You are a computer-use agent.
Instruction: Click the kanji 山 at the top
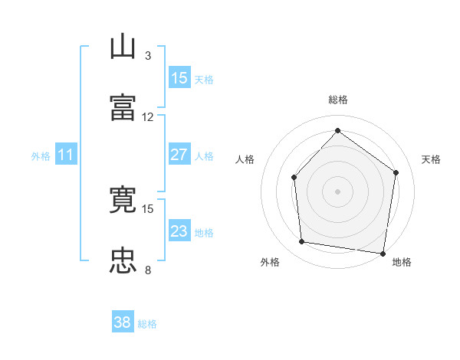[123, 46]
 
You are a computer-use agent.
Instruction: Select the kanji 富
[123, 107]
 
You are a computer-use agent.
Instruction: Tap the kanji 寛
[123, 199]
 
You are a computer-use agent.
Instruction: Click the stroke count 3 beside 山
[148, 56]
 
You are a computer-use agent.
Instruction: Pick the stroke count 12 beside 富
[147, 117]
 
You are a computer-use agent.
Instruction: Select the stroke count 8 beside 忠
[148, 270]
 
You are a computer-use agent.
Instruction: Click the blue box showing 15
[179, 77]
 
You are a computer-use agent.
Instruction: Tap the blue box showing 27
[179, 154]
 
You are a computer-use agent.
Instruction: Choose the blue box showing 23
[179, 230]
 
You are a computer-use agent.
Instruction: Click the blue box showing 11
[66, 154]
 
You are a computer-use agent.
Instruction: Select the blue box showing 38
[123, 321]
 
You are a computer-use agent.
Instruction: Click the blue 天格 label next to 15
[204, 80]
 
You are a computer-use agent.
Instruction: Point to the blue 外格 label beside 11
[41, 156]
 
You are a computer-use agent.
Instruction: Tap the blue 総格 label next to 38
[147, 324]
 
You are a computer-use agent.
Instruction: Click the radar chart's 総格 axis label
[338, 100]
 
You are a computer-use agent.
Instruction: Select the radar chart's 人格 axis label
[245, 159]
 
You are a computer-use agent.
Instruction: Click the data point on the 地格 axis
[383, 254]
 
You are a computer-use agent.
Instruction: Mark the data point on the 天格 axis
[396, 172]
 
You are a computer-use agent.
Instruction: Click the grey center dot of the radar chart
[337, 191]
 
